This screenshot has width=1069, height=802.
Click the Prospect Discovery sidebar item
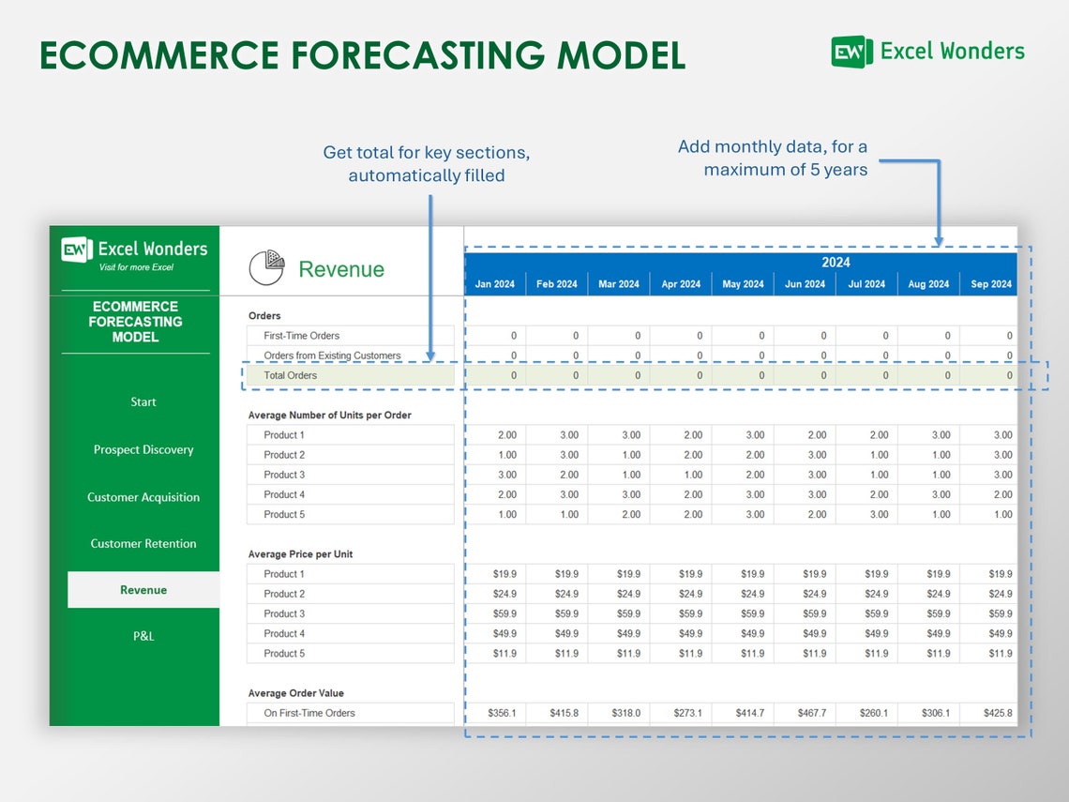point(143,449)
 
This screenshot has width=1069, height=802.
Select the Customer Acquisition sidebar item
point(143,497)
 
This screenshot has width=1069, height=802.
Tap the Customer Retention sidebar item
point(143,543)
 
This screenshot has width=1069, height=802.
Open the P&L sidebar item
point(143,636)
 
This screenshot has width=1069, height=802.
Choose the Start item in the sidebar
point(143,401)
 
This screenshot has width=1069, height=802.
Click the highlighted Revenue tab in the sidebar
point(143,590)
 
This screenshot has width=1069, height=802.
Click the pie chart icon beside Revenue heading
point(267,268)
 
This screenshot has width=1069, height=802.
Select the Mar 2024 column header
point(619,284)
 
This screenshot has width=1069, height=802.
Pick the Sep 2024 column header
point(990,284)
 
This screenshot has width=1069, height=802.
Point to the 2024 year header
point(836,263)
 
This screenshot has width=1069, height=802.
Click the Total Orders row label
point(290,375)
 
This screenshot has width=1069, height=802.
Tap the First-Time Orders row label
point(301,336)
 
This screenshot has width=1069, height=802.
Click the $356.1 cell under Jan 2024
point(503,713)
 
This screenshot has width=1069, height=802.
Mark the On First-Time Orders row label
point(309,713)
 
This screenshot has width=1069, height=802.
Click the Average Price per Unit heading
point(300,554)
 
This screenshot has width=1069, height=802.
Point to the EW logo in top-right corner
point(851,52)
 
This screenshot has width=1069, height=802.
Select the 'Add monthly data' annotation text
point(772,158)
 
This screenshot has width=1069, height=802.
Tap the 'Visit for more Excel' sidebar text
point(136,267)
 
